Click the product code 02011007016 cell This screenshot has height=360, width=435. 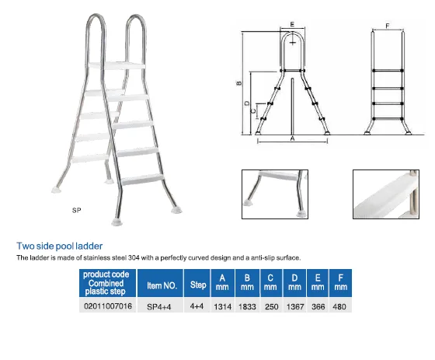pos(108,306)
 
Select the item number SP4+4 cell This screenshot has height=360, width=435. pos(159,306)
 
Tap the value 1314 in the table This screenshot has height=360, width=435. pos(222,306)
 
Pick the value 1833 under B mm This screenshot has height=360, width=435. pos(247,306)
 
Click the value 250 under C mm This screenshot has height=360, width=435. pos(271,306)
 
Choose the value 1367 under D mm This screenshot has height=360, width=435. pos(295,306)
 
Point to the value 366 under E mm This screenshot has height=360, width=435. pos(318,306)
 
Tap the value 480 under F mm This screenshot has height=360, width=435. pos(339,306)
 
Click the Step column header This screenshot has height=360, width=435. pos(198,285)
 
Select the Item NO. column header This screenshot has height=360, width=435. pos(162,285)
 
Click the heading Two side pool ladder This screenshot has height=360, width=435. pos(60,246)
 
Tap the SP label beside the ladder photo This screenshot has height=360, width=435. pos(77,210)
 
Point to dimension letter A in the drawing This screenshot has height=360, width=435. pos(292,138)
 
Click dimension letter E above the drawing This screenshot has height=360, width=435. pos(292,24)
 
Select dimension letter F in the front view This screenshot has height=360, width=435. pos(388,26)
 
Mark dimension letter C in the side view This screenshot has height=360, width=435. pos(253,111)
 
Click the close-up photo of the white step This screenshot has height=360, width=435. pos(386,194)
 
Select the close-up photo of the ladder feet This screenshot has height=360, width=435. pos(275,194)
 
